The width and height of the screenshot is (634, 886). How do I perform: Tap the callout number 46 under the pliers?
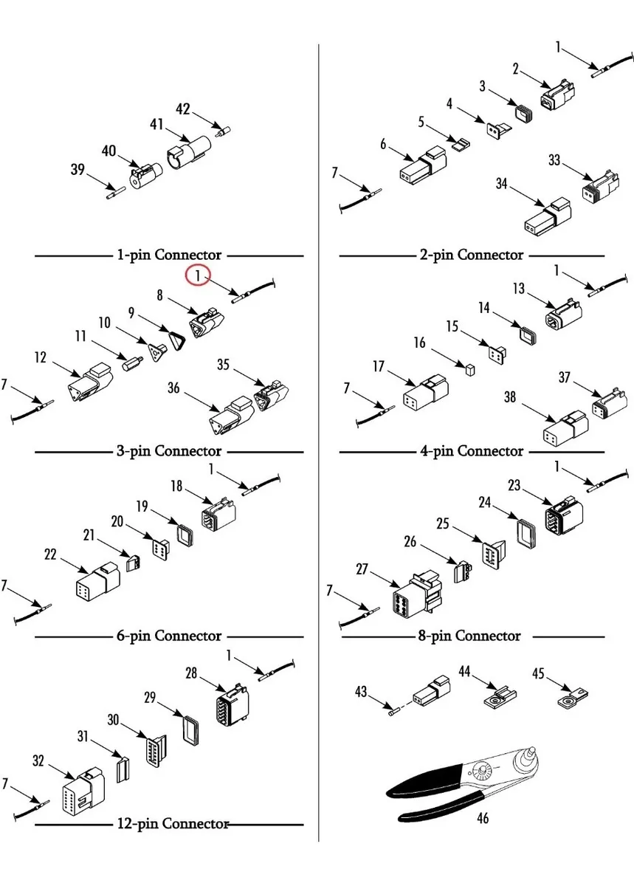click(483, 817)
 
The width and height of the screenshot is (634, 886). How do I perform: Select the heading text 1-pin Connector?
click(169, 255)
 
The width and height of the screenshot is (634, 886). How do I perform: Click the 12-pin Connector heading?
click(173, 823)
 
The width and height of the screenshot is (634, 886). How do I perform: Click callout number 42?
click(183, 109)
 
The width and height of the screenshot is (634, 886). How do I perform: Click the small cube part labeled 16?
click(466, 366)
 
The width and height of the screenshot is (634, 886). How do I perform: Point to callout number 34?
click(502, 184)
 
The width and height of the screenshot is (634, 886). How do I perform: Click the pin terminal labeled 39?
click(114, 193)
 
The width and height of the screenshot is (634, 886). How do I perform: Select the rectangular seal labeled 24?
click(525, 533)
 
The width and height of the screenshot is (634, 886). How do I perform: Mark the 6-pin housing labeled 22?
click(98, 583)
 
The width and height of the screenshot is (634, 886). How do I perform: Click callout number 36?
click(174, 386)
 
